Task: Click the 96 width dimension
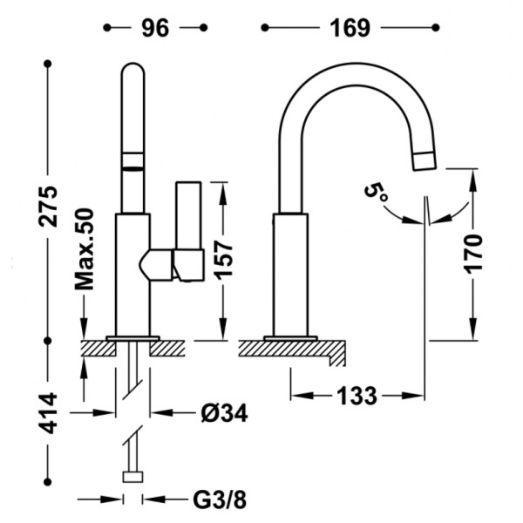tap(155, 28)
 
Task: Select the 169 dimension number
tap(350, 28)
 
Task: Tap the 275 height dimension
tap(48, 207)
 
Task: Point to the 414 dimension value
tap(48, 413)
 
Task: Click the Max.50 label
tap(84, 249)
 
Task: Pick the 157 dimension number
tap(223, 260)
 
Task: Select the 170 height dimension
tap(473, 254)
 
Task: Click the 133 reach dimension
tap(357, 396)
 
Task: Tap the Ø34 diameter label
tap(224, 413)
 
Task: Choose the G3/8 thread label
tap(220, 499)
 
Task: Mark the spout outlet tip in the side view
tap(425, 161)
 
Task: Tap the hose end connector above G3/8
tap(132, 477)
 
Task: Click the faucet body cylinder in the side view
tap(290, 275)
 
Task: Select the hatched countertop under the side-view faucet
tap(292, 351)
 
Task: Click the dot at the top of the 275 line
tap(48, 64)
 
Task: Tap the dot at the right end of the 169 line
tap(435, 28)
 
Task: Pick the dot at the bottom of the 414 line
tap(48, 482)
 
